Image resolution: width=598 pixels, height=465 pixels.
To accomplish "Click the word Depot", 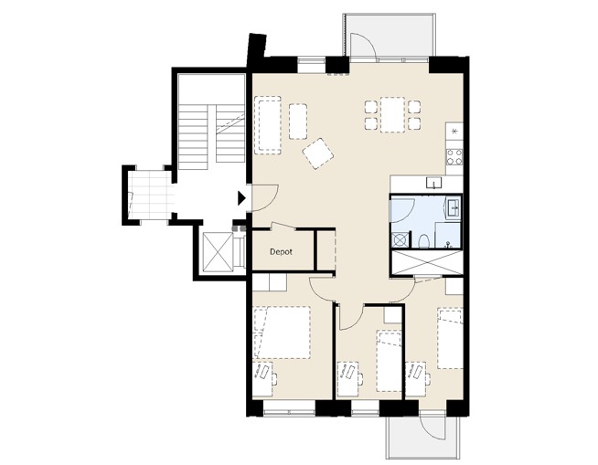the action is (x=281, y=252).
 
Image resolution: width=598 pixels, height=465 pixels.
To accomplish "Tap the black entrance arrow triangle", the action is (x=241, y=198).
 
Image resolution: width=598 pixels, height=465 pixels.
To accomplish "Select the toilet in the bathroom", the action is (x=423, y=241).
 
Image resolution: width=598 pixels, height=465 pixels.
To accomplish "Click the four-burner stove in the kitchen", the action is (x=454, y=156).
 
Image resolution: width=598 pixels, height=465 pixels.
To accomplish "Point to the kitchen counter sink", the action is (x=434, y=183).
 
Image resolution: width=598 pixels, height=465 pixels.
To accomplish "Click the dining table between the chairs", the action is (x=392, y=114).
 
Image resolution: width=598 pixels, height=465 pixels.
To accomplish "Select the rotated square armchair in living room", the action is (x=317, y=153).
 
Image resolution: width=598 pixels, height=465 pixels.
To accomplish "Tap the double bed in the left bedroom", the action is (x=282, y=332).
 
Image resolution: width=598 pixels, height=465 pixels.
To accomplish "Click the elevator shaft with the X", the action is (x=218, y=252).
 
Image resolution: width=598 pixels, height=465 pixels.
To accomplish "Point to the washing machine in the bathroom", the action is (x=400, y=240).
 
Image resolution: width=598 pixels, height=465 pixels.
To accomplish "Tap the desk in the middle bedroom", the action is (x=348, y=379).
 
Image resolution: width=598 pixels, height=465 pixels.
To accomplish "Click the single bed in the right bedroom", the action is (x=450, y=338).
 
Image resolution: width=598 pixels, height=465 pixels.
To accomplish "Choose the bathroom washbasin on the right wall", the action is (x=454, y=207).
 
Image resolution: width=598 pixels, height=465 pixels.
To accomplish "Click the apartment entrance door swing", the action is (x=265, y=198).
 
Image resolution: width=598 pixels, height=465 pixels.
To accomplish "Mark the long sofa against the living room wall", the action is (x=268, y=125).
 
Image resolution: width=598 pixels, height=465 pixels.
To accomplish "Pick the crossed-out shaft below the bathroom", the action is (x=427, y=262).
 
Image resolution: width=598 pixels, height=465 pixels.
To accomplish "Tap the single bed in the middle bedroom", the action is (x=389, y=361).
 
